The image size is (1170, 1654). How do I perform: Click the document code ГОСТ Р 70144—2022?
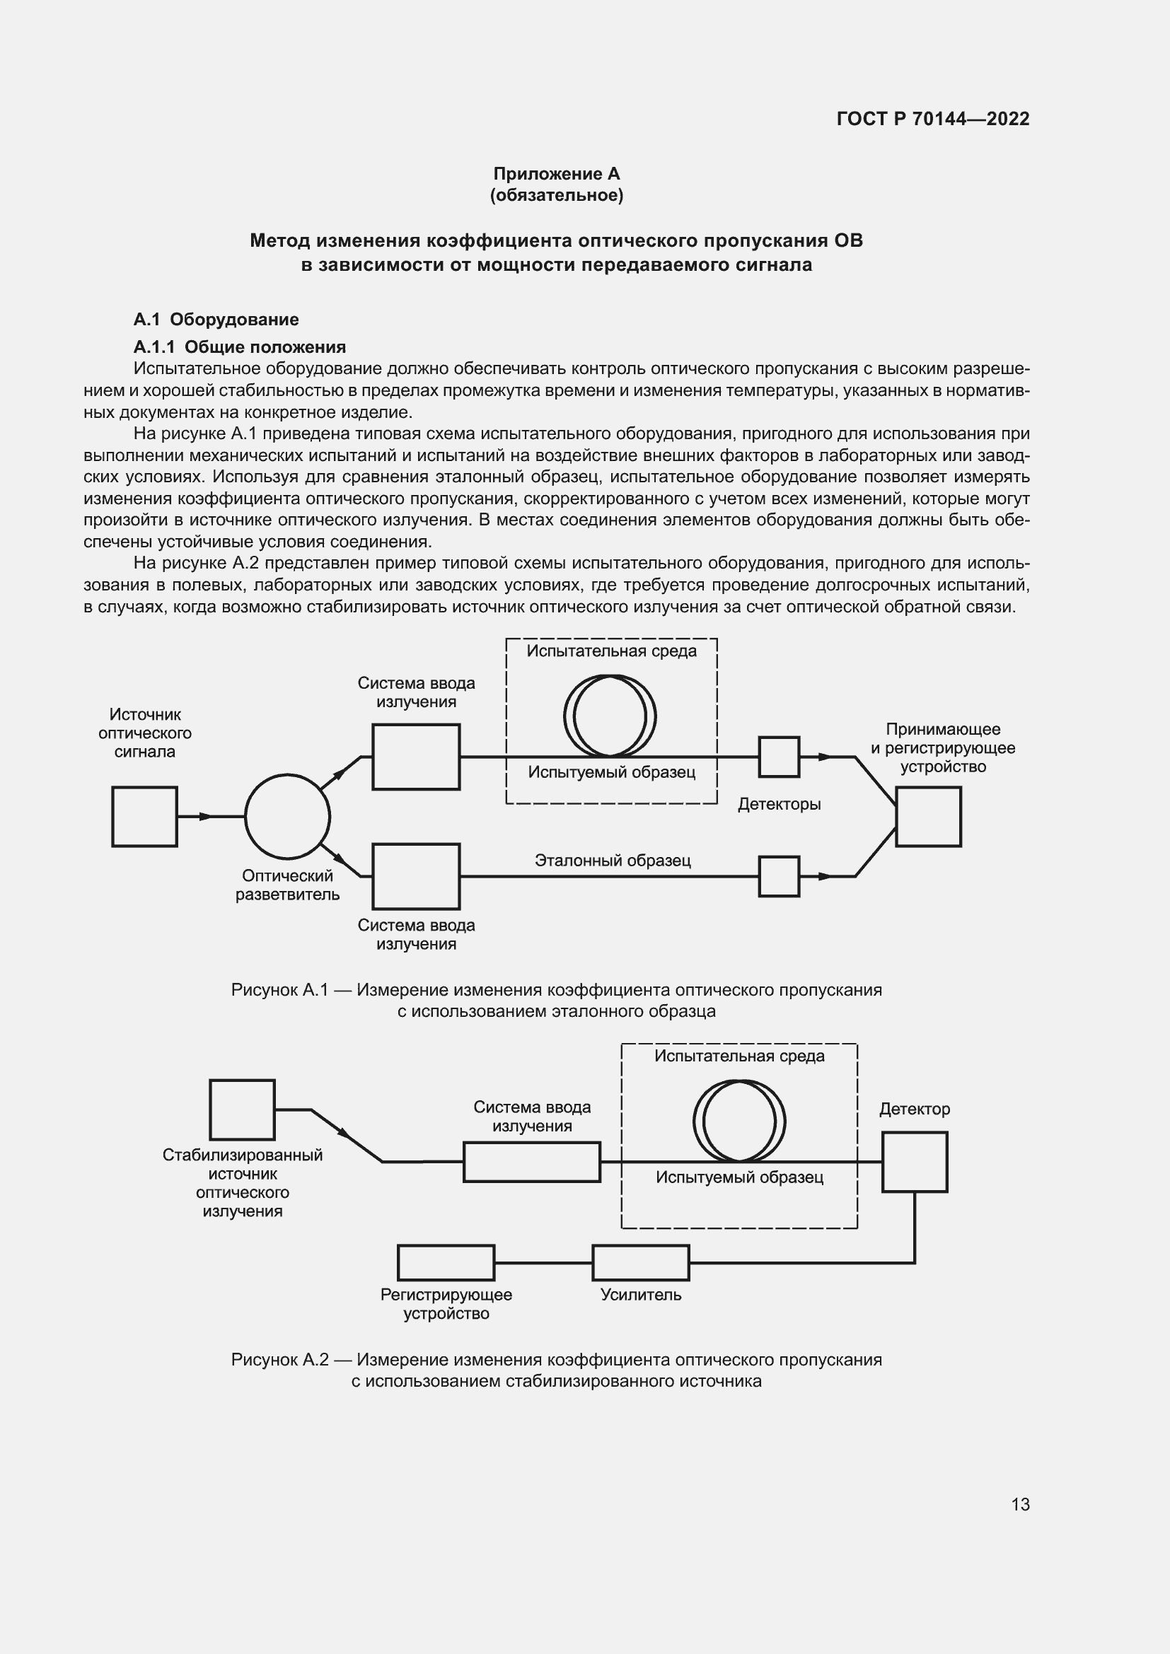pos(932,119)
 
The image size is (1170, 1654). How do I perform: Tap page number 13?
pos(1020,1504)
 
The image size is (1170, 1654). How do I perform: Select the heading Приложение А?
pos(556,174)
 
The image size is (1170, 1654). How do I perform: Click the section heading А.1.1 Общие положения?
pos(239,347)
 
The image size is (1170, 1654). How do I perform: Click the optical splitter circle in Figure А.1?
pos(287,817)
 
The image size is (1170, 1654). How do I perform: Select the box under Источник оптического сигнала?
pos(145,816)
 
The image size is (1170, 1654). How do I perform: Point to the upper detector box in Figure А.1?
pos(779,757)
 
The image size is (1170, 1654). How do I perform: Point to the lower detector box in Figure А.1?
pos(779,876)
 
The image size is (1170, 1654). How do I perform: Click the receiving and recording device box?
pos(928,816)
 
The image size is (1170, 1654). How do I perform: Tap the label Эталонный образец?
pos(613,860)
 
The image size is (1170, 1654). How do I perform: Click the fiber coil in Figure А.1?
pos(610,716)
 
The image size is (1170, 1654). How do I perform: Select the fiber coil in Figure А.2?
pos(739,1121)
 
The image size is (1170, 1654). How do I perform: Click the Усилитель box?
pos(640,1263)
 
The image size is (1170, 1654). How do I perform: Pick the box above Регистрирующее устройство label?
pos(446,1263)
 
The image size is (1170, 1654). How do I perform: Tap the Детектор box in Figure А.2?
pos(914,1162)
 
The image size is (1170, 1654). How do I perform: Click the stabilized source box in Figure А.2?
pos(242,1110)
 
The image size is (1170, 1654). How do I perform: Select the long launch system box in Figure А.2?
pos(532,1162)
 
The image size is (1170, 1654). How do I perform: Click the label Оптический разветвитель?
pos(287,885)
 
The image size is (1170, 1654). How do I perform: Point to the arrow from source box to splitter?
pos(205,816)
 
